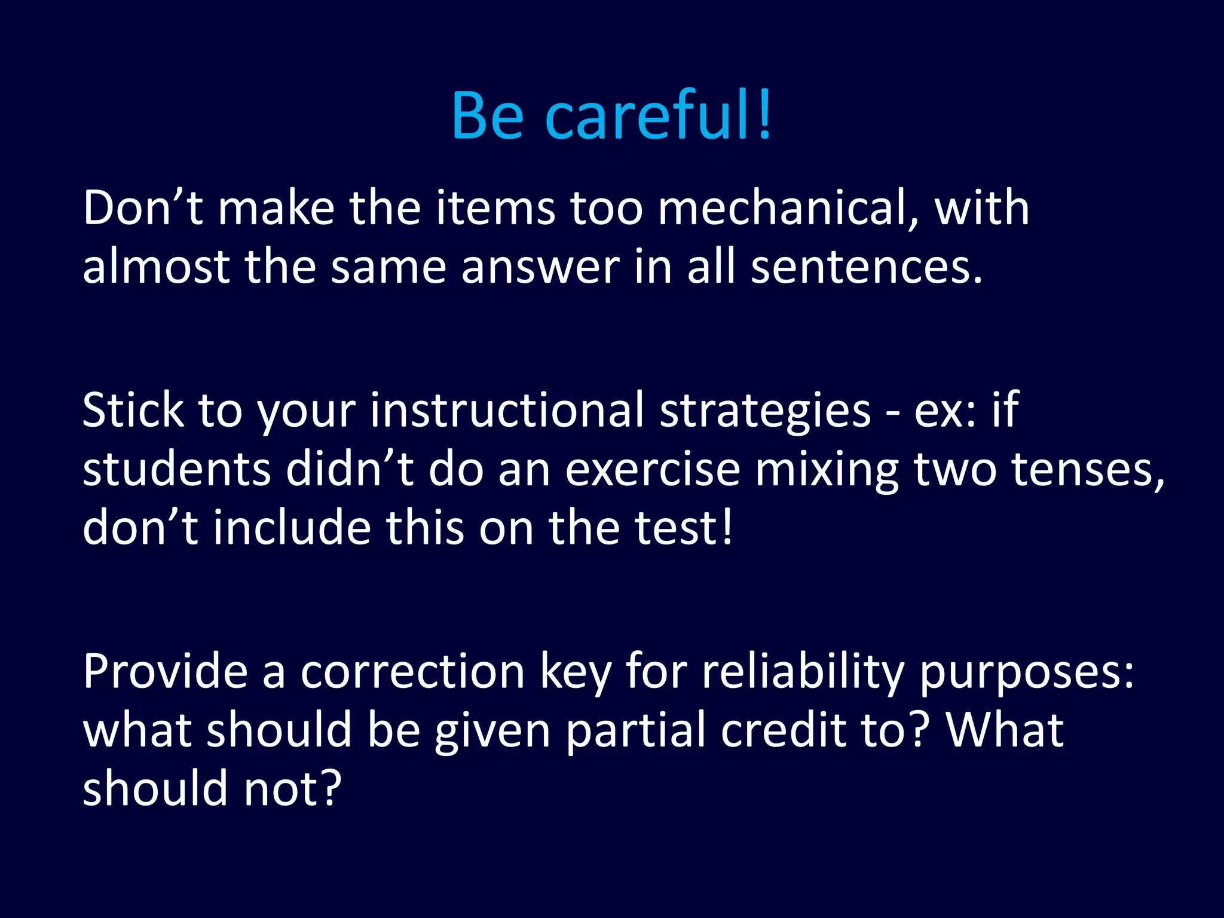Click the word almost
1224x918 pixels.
coord(156,267)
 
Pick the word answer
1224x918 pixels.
coord(540,267)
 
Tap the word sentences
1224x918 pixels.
coord(867,267)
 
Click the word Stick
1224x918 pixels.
coord(133,411)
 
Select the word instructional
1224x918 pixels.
coord(507,411)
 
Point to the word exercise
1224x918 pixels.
coord(653,469)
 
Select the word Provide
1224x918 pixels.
coord(165,672)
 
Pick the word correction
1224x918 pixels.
coord(412,672)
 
